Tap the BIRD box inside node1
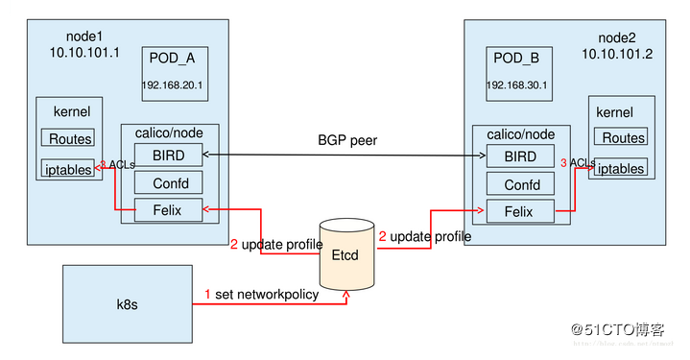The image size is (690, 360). [x=169, y=155]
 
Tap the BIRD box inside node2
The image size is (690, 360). [x=520, y=157]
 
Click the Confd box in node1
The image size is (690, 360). [x=169, y=181]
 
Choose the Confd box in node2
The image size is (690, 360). [x=520, y=184]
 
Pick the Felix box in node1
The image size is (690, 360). [x=169, y=207]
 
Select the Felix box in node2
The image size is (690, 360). [x=520, y=211]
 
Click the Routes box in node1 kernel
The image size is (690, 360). [x=67, y=138]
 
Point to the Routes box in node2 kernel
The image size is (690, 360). [x=623, y=138]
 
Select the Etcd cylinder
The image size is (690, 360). [x=347, y=255]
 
